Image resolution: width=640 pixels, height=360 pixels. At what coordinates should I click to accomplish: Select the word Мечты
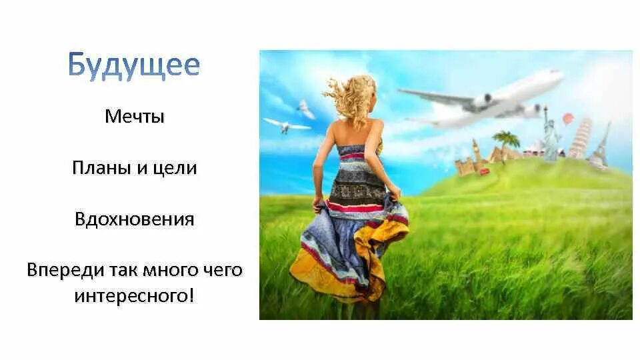click(x=134, y=117)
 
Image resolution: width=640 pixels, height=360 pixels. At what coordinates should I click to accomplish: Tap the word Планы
click(x=96, y=168)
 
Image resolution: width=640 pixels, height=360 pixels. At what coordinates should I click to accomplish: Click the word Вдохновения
click(x=134, y=219)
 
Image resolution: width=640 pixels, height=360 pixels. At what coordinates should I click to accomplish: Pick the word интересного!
click(x=134, y=295)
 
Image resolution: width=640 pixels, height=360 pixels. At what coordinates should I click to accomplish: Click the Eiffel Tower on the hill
click(x=602, y=145)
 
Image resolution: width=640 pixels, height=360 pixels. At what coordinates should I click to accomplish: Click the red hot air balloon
click(x=567, y=119)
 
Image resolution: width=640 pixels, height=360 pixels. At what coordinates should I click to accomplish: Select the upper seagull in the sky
click(x=305, y=109)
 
